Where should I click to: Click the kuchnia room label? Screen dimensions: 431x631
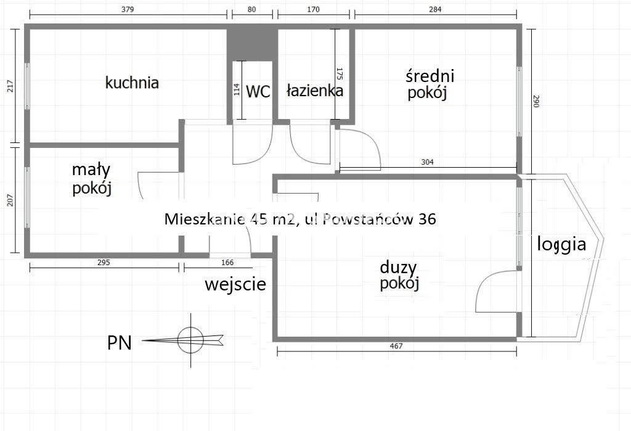[132, 83]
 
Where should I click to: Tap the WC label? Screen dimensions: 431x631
[258, 92]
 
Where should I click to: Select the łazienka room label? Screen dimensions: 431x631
[314, 91]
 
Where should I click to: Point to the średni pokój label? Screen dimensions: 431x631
[429, 84]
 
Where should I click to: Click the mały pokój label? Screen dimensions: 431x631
[91, 179]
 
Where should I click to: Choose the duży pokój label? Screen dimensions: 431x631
[399, 276]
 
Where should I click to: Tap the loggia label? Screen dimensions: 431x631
[561, 244]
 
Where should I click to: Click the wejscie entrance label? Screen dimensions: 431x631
[235, 284]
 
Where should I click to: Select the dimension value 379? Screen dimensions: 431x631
[128, 9]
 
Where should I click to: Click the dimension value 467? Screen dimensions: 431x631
[396, 346]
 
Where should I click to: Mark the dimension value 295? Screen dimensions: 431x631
[104, 262]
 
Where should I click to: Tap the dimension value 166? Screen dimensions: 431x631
[218, 262]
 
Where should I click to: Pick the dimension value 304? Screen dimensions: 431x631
[428, 162]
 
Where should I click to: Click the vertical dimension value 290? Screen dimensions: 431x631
[535, 101]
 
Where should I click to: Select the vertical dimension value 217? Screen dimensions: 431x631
[9, 88]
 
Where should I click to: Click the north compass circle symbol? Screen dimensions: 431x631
[190, 339]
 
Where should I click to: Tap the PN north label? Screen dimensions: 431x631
[119, 343]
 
